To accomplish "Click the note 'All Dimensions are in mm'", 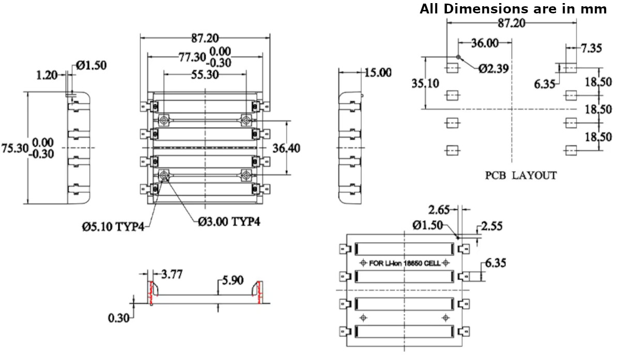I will click(513, 9).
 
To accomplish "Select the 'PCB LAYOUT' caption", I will click(521, 176).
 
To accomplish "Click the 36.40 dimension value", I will click(287, 148).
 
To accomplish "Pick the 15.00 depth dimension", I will click(378, 72).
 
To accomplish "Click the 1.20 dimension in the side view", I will click(47, 75).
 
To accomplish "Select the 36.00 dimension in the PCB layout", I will click(485, 43).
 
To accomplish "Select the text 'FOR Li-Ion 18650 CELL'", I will click(405, 263).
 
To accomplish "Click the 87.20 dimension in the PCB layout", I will click(512, 23).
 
